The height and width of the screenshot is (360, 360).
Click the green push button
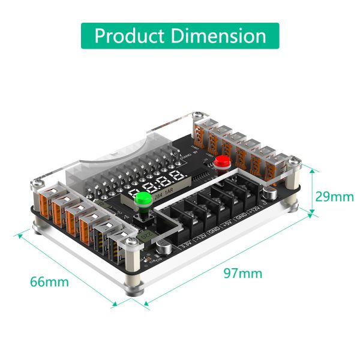[143, 200]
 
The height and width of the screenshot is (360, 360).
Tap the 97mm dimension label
[242, 273]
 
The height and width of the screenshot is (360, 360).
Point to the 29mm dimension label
[335, 196]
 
